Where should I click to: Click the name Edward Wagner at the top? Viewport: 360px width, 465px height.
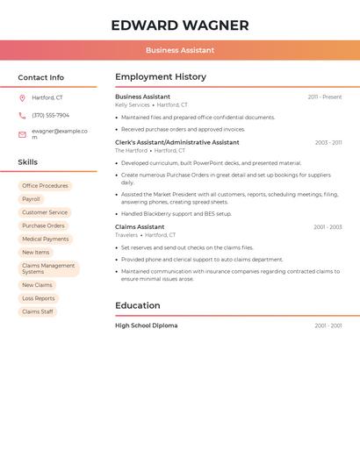179,25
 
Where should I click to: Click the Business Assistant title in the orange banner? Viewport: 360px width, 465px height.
179,50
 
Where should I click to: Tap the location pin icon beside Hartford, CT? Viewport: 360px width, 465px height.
22,98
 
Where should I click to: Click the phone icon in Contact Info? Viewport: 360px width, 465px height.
22,115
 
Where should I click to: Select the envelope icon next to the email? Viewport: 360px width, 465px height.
22,134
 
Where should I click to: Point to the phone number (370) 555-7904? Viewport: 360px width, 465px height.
50,115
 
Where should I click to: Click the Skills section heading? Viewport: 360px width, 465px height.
28,162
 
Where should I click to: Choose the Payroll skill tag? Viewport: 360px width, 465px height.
31,199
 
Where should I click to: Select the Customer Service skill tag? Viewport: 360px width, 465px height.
45,212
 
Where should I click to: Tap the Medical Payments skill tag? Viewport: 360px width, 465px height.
45,239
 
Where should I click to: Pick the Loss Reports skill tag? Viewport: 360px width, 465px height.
39,298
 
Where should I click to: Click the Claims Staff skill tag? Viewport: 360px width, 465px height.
37,311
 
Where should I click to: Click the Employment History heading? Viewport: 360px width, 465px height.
161,77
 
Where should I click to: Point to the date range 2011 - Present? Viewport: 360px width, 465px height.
324,97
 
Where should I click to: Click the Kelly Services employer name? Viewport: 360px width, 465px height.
133,105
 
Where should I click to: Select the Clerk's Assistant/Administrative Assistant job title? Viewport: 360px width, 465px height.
176,142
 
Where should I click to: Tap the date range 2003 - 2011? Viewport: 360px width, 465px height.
328,142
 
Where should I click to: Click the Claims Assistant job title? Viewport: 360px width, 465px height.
140,226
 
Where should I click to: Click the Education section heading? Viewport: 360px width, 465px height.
138,306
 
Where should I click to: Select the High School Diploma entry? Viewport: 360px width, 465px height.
146,325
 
